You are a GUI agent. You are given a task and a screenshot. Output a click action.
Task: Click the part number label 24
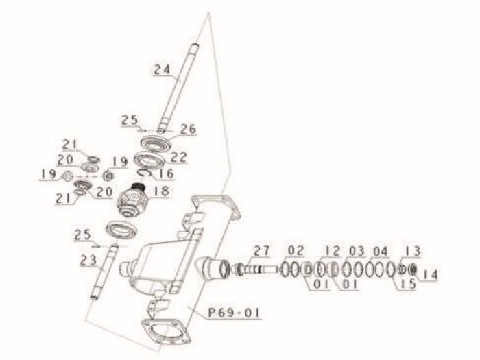162,69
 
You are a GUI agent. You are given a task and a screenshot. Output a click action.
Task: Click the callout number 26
188,128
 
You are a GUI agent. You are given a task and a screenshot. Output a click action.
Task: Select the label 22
179,157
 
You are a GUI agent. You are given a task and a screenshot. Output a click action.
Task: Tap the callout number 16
167,174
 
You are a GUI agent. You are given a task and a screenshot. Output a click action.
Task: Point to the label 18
160,193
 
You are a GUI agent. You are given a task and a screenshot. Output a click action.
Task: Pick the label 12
333,250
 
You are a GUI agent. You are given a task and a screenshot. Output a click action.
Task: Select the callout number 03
357,250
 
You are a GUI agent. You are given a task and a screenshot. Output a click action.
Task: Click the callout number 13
412,251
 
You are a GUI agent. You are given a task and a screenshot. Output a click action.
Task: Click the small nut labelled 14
412,269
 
